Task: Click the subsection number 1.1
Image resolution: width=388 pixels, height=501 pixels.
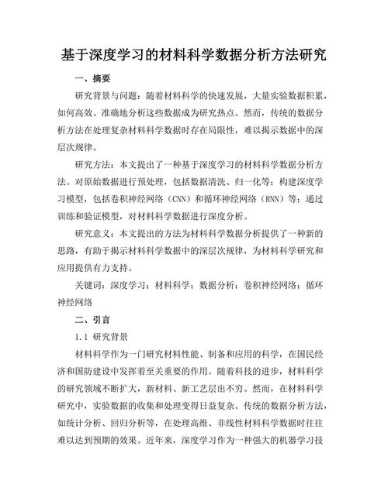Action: click(82, 337)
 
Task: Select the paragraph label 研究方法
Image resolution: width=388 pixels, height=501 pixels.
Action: click(93, 164)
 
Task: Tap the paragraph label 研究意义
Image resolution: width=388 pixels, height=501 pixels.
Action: click(93, 233)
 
